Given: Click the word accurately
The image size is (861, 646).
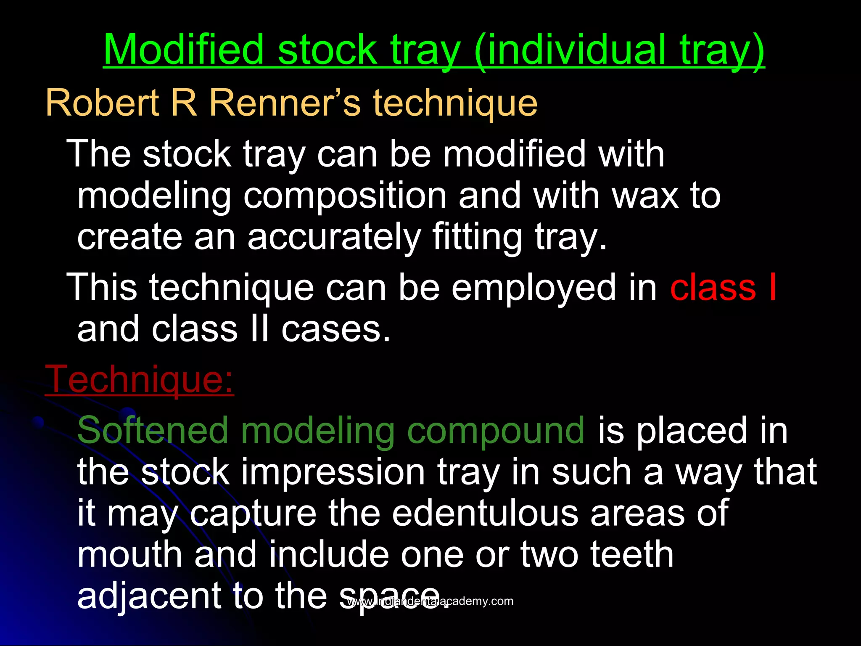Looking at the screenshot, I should pos(334,237).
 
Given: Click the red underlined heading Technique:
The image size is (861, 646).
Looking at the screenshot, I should pos(139,379).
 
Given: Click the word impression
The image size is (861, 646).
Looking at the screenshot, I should pos(333,473).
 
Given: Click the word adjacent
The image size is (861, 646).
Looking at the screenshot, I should pos(149,596).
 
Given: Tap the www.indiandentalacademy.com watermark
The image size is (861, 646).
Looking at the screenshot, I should pos(430,601).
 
